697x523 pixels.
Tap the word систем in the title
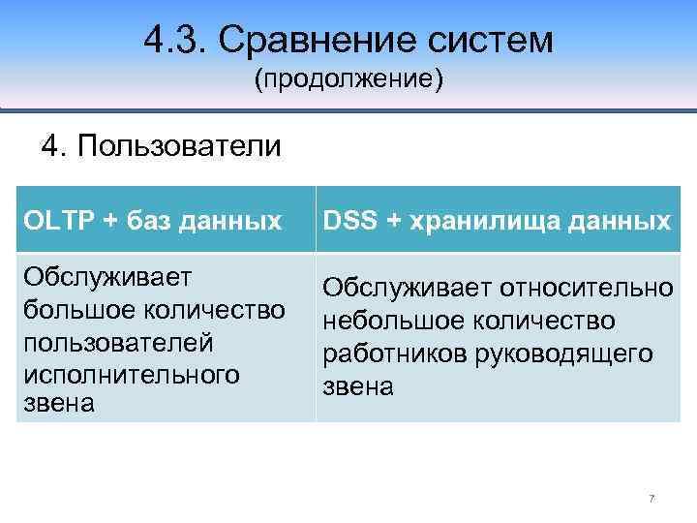point(489,40)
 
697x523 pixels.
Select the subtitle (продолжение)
point(348,79)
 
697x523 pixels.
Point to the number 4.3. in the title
point(175,40)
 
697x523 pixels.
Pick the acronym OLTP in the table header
point(57,221)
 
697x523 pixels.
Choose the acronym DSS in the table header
point(351,221)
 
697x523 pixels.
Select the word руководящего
point(562,354)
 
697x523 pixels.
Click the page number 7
point(652,499)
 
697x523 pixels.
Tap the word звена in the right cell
point(358,387)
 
